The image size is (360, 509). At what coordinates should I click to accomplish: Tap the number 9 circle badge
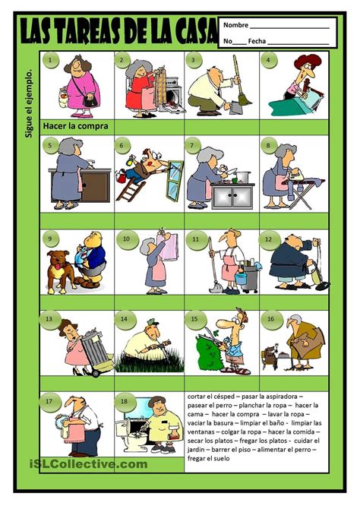point(50,239)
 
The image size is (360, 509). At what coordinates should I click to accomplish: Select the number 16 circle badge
point(270,320)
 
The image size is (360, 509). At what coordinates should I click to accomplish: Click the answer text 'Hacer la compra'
point(76,126)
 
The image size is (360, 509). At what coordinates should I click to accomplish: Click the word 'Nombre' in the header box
point(236,25)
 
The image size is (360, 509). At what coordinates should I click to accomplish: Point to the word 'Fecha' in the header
point(257,41)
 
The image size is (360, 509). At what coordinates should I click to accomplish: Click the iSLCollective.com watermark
point(89,464)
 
